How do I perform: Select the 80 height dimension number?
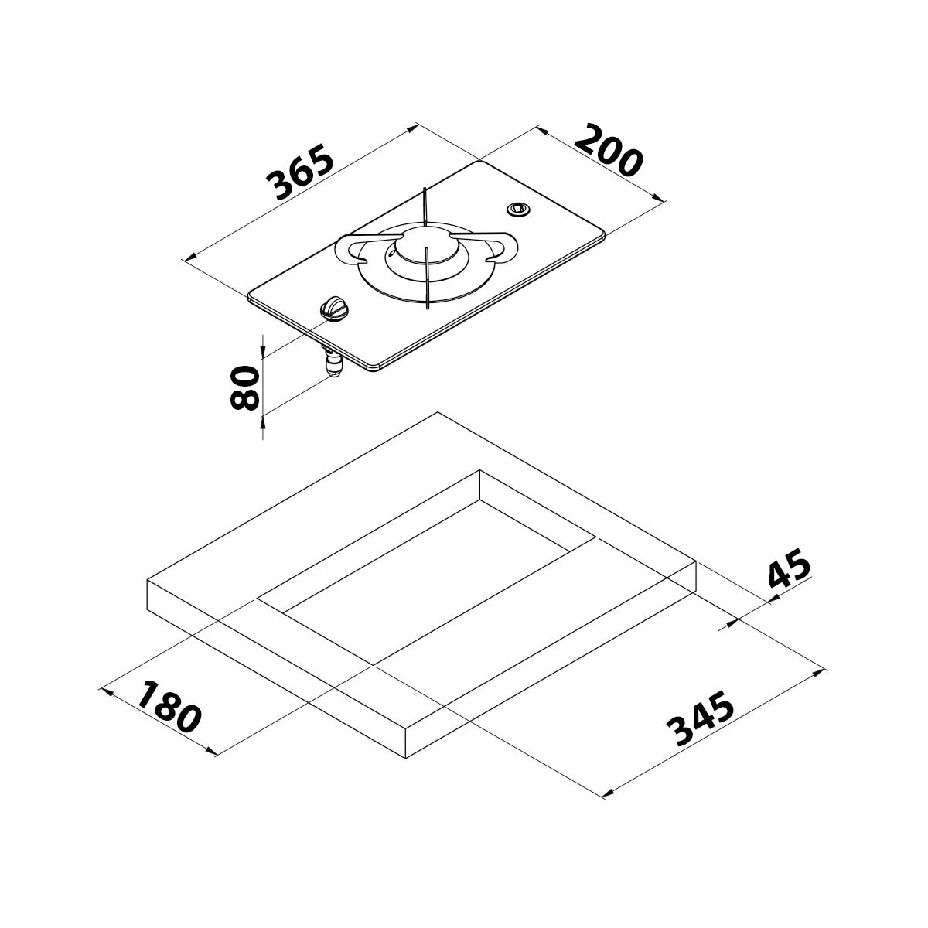pyautogui.click(x=245, y=388)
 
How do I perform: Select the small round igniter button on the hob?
pyautogui.click(x=516, y=208)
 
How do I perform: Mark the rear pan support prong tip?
pyautogui.click(x=425, y=191)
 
